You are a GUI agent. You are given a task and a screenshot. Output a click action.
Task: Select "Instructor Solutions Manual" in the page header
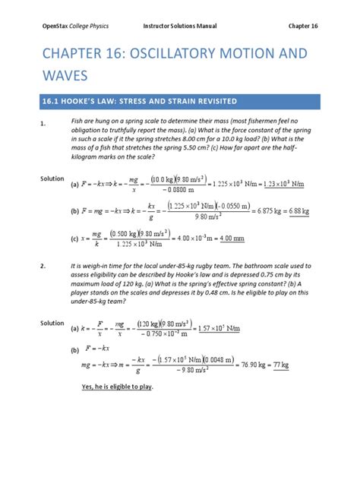(180, 27)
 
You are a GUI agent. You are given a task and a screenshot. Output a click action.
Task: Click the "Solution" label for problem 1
(52, 178)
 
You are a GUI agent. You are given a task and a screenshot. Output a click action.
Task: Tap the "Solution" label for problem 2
(52, 323)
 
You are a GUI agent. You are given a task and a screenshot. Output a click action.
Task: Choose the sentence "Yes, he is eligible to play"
(117, 387)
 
